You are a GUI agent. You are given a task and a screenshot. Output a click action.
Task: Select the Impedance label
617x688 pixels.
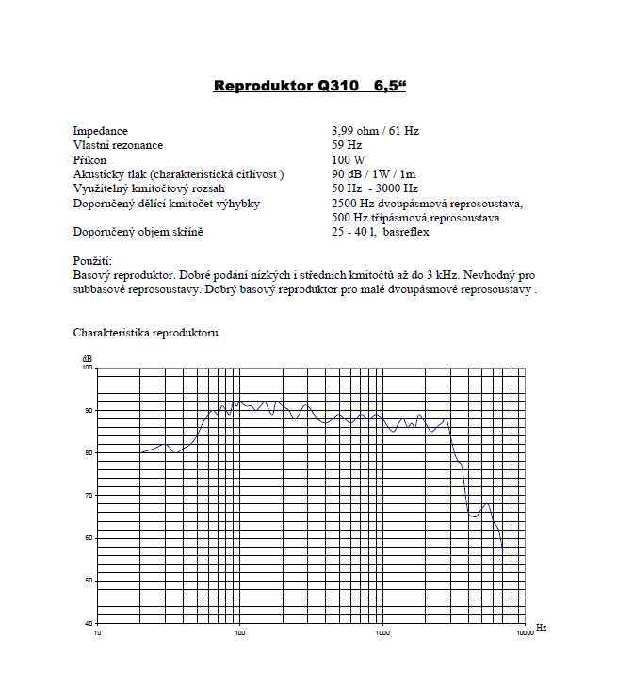pyautogui.click(x=100, y=131)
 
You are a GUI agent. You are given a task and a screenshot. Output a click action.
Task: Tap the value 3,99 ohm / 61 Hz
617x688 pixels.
pyautogui.click(x=375, y=131)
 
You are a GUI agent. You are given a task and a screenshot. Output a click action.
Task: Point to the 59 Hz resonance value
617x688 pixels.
pyautogui.click(x=347, y=145)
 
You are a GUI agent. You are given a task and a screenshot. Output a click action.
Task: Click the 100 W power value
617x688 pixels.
pyautogui.click(x=349, y=160)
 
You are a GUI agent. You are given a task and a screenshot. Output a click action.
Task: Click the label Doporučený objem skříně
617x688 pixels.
pyautogui.click(x=138, y=232)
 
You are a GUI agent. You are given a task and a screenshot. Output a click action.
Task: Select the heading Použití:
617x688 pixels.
pyautogui.click(x=92, y=260)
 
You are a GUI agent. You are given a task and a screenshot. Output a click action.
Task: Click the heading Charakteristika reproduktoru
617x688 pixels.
pyautogui.click(x=146, y=333)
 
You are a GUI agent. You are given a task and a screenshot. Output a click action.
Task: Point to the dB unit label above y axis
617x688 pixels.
pyautogui.click(x=87, y=359)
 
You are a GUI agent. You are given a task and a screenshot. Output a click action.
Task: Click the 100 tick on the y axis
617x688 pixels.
pyautogui.click(x=88, y=368)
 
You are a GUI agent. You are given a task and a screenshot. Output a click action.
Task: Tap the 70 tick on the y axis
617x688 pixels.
pyautogui.click(x=89, y=495)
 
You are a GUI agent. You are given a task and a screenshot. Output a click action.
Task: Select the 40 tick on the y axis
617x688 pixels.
pyautogui.click(x=89, y=623)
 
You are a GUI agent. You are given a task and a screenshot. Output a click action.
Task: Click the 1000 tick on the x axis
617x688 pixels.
pyautogui.click(x=382, y=632)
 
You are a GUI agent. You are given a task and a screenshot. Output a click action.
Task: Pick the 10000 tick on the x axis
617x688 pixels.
pyautogui.click(x=525, y=632)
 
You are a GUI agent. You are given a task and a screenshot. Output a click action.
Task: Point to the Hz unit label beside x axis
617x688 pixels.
pyautogui.click(x=541, y=626)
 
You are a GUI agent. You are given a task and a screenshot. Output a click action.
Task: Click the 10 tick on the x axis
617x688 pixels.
pyautogui.click(x=97, y=632)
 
